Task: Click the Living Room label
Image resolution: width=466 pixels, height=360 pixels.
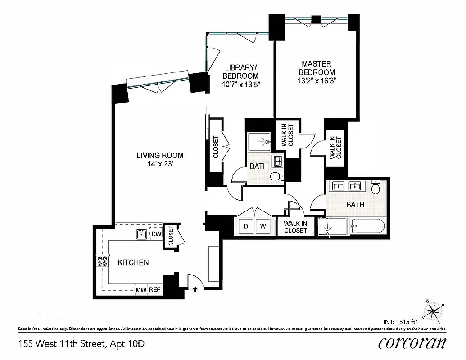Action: (x=160, y=156)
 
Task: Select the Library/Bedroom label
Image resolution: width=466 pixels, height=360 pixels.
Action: (x=241, y=72)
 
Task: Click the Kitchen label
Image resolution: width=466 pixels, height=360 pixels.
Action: (x=133, y=262)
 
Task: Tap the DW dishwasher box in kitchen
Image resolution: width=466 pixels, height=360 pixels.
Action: (x=156, y=234)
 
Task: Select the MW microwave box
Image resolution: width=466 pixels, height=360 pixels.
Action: (x=141, y=290)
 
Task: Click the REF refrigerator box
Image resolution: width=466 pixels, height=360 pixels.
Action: (x=155, y=290)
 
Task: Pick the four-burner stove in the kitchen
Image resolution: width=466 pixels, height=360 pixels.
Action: (x=102, y=262)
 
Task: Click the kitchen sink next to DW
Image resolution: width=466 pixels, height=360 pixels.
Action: (x=141, y=234)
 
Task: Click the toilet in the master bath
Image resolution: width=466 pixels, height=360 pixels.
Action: (x=376, y=187)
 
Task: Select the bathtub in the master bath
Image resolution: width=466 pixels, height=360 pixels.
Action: (x=367, y=226)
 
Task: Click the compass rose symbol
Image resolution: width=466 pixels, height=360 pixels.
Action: (x=433, y=310)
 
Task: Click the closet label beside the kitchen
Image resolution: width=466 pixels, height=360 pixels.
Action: (x=171, y=235)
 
